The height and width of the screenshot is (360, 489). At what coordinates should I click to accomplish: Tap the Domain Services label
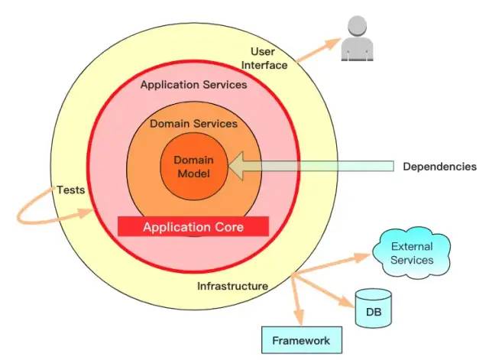193,123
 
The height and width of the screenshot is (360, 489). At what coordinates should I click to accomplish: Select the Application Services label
193,85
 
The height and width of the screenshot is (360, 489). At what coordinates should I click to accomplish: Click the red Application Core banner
193,227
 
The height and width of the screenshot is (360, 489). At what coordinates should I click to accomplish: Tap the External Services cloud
412,253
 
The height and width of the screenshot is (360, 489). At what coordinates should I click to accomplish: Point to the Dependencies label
439,167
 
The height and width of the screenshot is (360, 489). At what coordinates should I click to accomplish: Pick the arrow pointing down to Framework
298,302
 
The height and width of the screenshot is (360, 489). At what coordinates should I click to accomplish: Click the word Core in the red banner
228,227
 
